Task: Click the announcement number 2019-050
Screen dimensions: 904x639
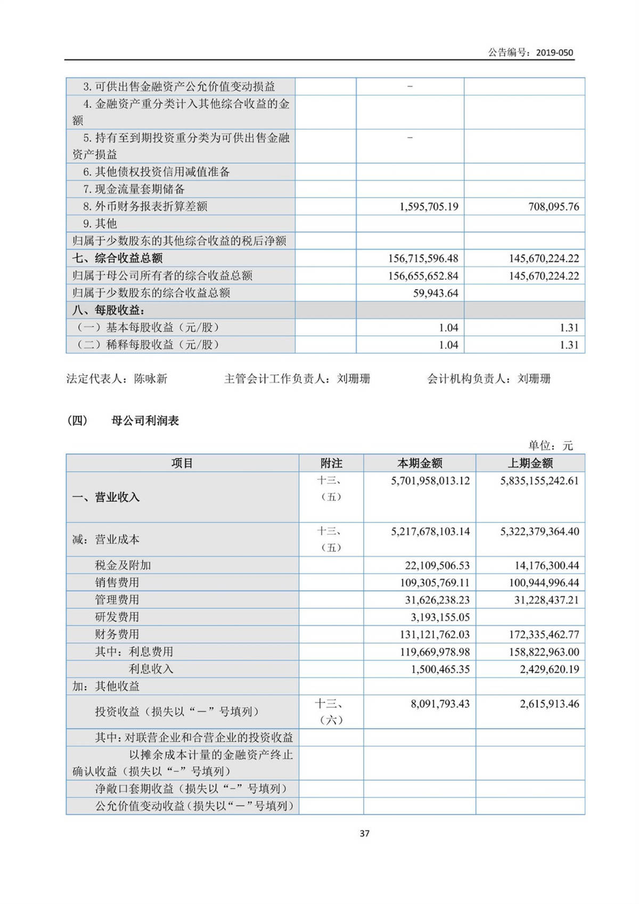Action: coord(554,52)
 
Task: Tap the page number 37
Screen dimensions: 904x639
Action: coord(364,833)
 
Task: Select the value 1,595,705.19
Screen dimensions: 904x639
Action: coord(429,207)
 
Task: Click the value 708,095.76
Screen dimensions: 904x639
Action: coord(553,207)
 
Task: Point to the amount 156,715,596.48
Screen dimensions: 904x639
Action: coord(423,258)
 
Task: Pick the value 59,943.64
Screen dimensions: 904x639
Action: coord(436,293)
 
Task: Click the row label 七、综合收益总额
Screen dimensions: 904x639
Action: coord(118,258)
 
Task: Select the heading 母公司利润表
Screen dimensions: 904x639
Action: coord(145,421)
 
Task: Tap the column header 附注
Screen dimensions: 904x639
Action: coord(331,463)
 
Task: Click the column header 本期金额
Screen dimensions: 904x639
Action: coord(420,463)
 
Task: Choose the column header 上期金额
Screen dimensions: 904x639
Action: coord(530,463)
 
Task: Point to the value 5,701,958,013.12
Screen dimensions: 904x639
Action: coord(430,480)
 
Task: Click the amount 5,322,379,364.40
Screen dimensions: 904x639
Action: coord(539,531)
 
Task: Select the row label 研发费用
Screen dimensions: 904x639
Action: coord(117,617)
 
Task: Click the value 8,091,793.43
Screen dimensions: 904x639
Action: coord(440,704)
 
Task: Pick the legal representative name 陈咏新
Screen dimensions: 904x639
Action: coord(151,379)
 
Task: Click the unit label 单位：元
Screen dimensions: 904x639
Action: coord(551,445)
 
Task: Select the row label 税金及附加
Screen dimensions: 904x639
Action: coord(122,565)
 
